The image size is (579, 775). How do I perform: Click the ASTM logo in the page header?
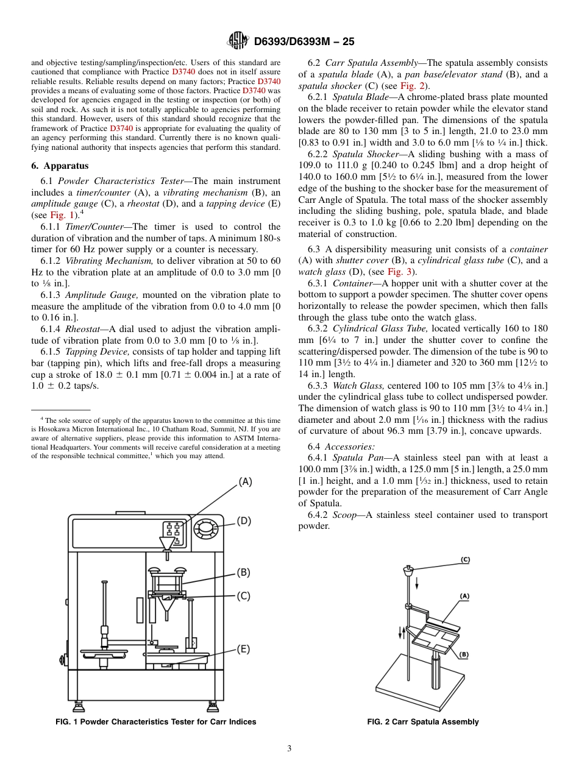tap(237, 41)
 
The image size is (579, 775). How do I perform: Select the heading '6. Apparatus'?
tap(60, 166)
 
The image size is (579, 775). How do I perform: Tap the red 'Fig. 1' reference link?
tap(62, 215)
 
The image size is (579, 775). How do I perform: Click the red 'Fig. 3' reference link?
tap(400, 272)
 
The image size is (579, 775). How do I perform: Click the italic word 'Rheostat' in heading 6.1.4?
tap(82, 329)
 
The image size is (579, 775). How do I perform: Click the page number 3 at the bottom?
tap(289, 748)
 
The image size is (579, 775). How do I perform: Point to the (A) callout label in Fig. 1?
tap(244, 481)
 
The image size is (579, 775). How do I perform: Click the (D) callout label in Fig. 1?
tap(244, 521)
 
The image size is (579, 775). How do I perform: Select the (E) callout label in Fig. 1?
tap(243, 649)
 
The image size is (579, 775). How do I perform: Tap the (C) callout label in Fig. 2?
tap(465, 559)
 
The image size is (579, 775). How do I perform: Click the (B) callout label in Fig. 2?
tap(464, 655)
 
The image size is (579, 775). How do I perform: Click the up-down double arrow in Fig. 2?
tap(402, 632)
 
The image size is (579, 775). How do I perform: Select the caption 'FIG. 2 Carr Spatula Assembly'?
tap(422, 722)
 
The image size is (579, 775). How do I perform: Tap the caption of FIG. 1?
tap(156, 722)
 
